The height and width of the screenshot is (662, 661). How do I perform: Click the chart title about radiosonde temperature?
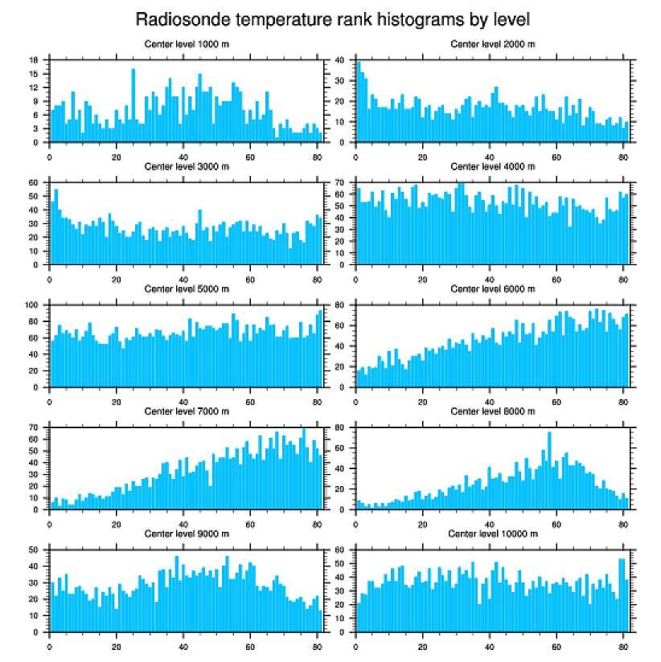(x=331, y=18)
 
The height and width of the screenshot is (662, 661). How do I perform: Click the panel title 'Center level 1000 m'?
(x=186, y=43)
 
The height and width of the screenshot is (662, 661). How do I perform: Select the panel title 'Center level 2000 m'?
(x=492, y=43)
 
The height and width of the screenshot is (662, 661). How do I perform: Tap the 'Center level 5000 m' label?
(x=186, y=288)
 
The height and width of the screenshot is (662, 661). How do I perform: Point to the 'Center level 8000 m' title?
(x=492, y=411)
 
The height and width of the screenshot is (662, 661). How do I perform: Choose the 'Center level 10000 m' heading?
(x=492, y=533)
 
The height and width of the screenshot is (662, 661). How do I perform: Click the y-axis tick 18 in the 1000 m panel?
(x=35, y=60)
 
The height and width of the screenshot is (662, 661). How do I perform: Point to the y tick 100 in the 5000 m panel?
(x=33, y=305)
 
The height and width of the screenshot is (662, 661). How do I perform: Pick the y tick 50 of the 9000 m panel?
(x=35, y=550)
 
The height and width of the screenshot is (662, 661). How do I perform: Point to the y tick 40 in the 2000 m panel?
(x=341, y=60)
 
